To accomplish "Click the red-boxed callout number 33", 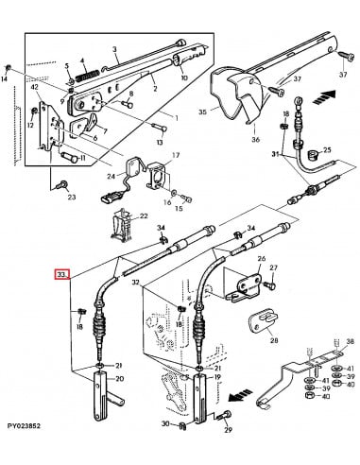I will tap(62, 275).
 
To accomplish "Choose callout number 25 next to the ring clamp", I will tap(328, 150).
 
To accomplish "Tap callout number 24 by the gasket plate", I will tap(111, 176).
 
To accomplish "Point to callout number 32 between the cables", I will tap(137, 282).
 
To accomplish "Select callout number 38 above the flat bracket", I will tap(350, 341).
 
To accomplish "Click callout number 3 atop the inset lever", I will tap(114, 49).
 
